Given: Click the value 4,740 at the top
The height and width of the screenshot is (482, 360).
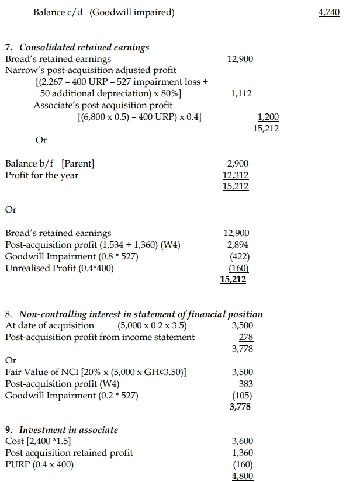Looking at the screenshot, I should tap(329, 12).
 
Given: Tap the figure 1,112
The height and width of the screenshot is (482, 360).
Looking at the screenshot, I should tap(241, 93).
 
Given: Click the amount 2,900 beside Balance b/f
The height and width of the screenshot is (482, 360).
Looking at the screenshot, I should tap(237, 164).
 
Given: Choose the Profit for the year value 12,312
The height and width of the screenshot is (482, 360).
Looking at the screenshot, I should tap(236, 175).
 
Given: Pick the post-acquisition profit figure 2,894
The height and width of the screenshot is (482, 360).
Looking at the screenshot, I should tap(237, 245).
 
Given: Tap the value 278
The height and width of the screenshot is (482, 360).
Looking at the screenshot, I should tap(247, 337).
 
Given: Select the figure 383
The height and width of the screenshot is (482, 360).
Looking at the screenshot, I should tap(246, 383).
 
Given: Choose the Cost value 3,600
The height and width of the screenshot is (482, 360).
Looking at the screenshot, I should tap(243, 441).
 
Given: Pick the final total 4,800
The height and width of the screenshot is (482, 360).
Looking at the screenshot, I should tap(243, 476).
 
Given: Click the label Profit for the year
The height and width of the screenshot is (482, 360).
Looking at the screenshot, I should tap(41, 175).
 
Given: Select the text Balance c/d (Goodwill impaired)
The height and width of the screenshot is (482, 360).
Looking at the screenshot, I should tap(104, 12).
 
